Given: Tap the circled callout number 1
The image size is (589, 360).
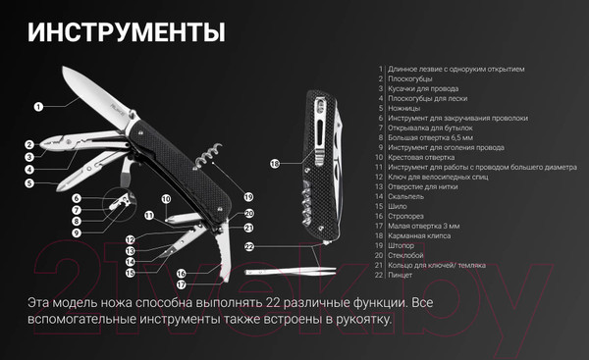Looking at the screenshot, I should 38,105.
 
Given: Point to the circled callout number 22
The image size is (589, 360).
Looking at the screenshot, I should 250,246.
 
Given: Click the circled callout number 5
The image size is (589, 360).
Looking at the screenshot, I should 30,182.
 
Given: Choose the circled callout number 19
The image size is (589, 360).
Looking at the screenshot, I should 248,196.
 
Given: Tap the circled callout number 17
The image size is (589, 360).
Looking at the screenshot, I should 182,284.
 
